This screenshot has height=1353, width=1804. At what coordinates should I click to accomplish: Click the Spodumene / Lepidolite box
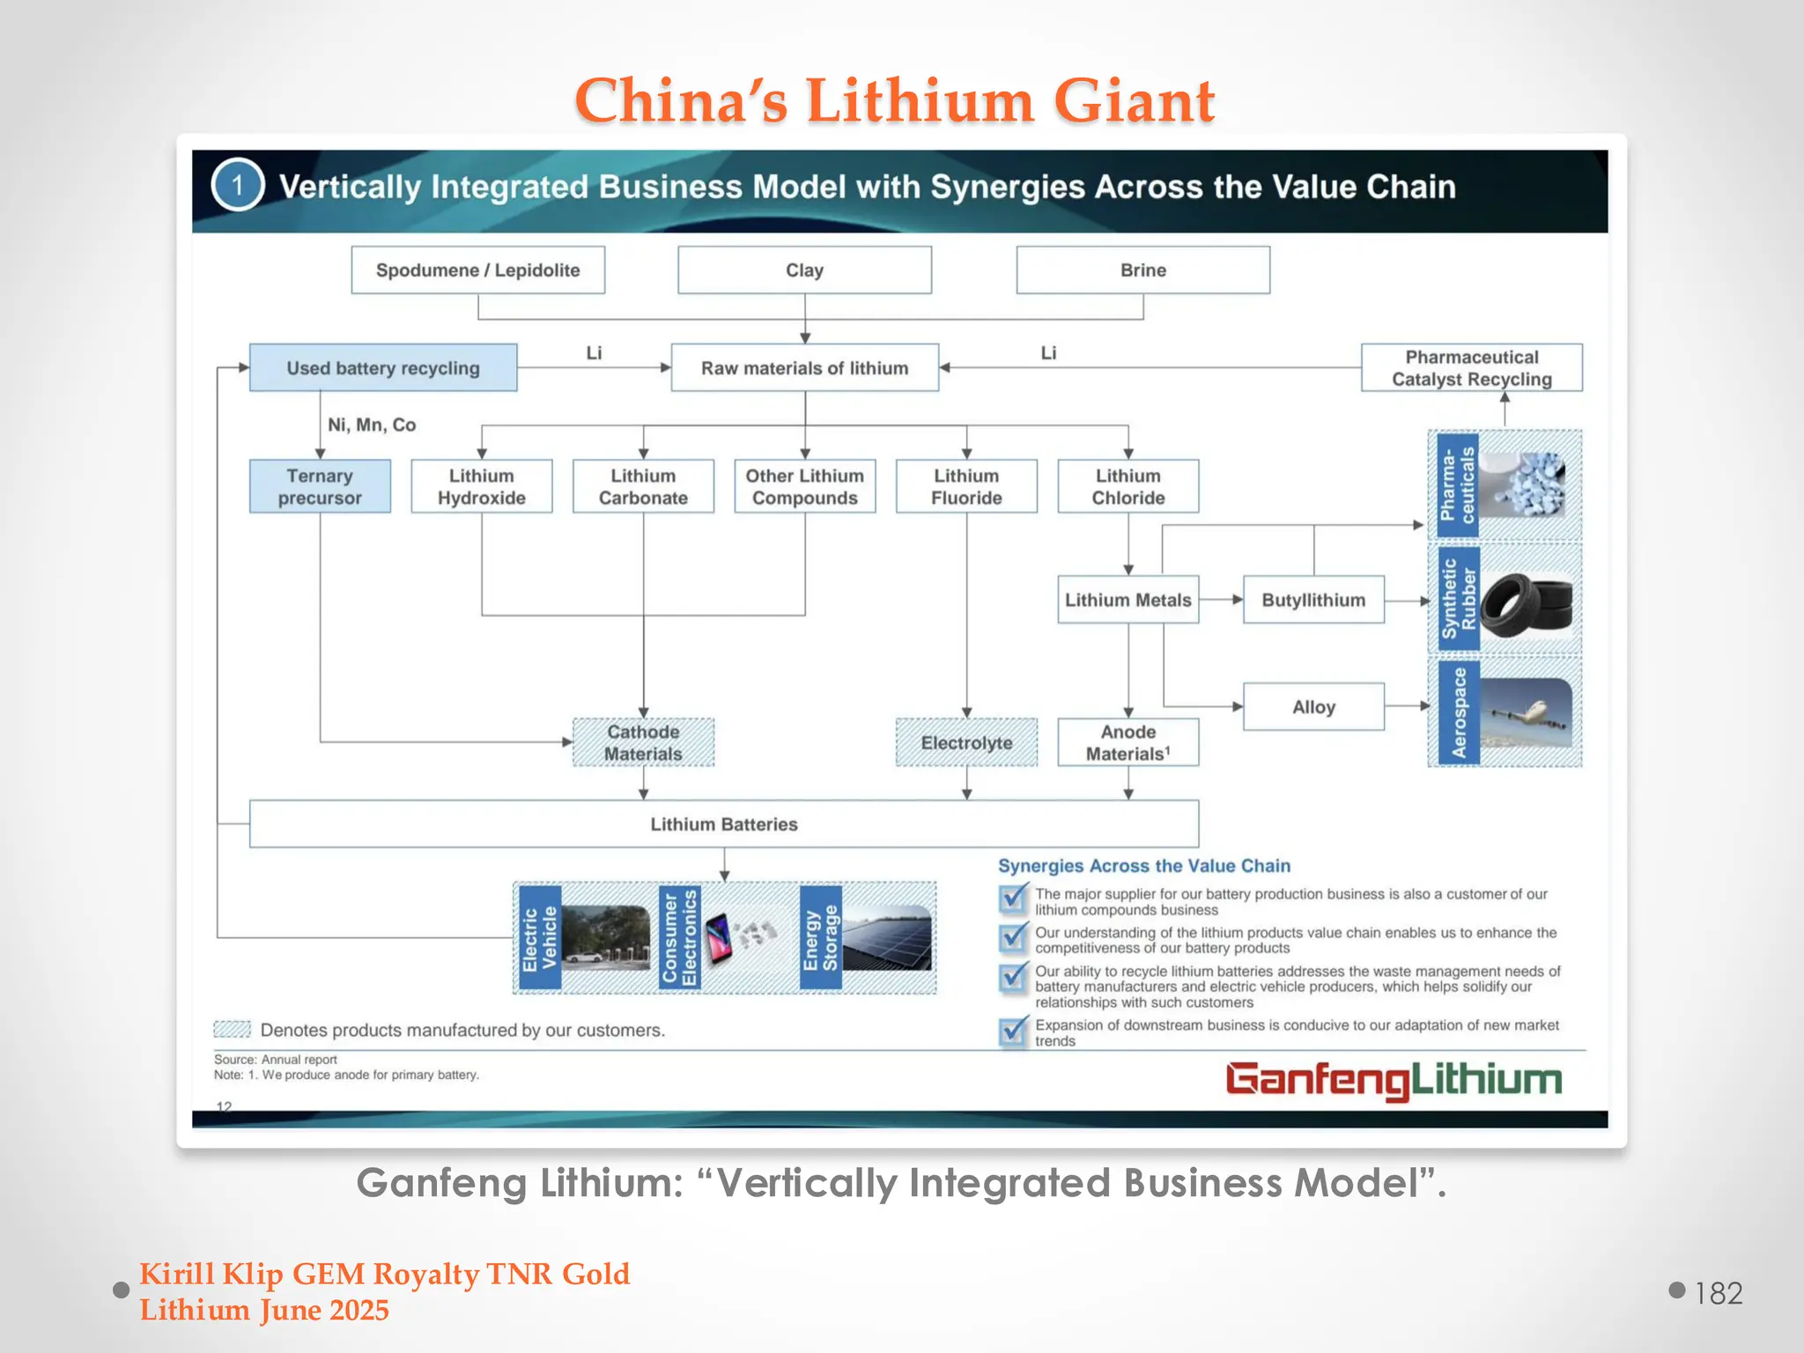[x=477, y=270]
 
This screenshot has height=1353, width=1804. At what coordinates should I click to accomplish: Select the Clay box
[x=804, y=270]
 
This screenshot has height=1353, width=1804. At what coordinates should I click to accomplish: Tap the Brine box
[x=1142, y=270]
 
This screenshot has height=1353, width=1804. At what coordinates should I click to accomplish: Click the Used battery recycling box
[x=383, y=368]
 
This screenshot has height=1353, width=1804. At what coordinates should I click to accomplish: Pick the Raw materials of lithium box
[x=804, y=368]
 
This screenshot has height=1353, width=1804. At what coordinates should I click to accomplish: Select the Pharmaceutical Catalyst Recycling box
[x=1471, y=368]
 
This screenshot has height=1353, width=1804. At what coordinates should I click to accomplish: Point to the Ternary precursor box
[x=320, y=486]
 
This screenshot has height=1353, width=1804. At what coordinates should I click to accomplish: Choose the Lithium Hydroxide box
[x=481, y=486]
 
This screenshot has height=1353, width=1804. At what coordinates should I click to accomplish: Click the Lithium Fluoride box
[x=966, y=486]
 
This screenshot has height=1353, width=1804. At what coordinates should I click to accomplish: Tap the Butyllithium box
[x=1313, y=600]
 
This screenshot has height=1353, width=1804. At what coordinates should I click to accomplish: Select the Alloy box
[x=1313, y=706]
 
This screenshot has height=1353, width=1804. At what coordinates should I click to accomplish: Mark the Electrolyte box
[x=966, y=743]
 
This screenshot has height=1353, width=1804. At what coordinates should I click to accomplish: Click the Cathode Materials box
[x=643, y=743]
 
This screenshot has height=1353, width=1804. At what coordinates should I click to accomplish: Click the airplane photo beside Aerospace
[x=1527, y=712]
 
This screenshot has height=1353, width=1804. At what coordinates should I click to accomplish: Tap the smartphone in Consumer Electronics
[x=720, y=938]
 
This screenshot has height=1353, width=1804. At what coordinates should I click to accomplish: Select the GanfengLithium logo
[x=1394, y=1080]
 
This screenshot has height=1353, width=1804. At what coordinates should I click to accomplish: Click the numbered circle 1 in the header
[x=237, y=186]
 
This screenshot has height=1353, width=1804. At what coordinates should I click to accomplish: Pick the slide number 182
[x=1719, y=1293]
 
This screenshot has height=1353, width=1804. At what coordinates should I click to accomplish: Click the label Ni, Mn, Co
[x=372, y=425]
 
